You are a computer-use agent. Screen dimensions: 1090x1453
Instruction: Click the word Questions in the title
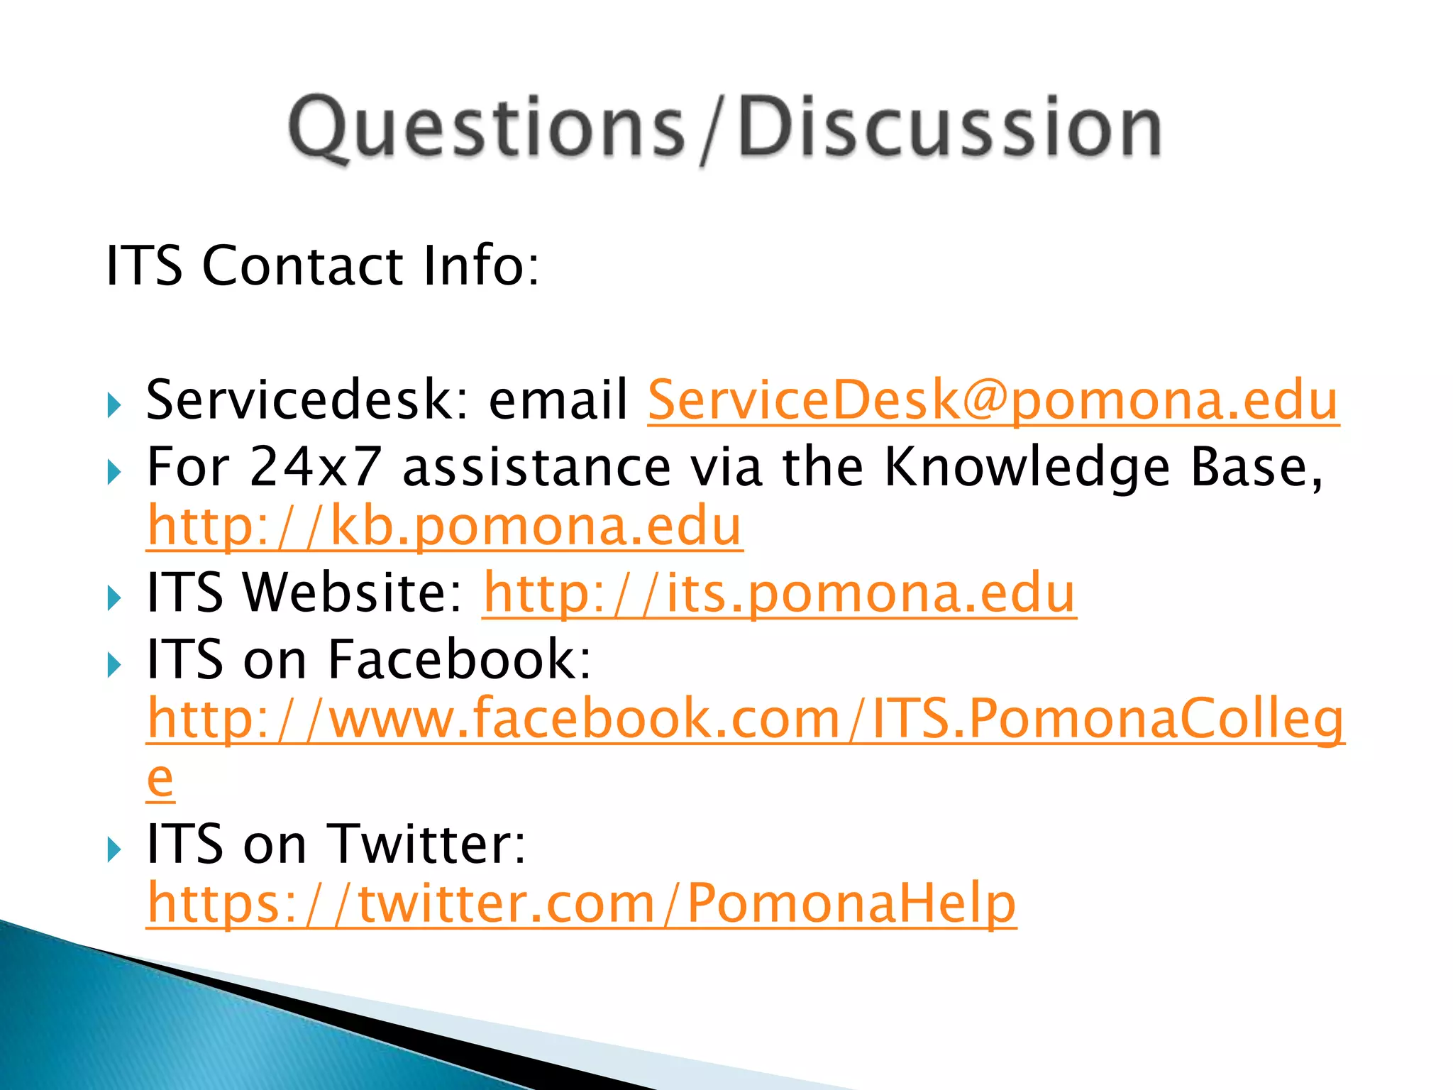(x=486, y=128)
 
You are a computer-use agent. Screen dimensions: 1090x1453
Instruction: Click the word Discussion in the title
(x=949, y=128)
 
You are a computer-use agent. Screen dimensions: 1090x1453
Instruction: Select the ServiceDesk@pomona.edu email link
(x=993, y=400)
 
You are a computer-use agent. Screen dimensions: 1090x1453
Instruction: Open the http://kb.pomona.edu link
(x=444, y=527)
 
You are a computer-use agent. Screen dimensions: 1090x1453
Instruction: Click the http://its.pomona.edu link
(x=779, y=593)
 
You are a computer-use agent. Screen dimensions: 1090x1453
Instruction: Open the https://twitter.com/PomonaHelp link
(x=581, y=903)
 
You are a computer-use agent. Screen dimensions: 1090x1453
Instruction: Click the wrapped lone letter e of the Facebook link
(x=160, y=779)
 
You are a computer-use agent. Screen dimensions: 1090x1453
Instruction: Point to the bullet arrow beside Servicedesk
(x=114, y=406)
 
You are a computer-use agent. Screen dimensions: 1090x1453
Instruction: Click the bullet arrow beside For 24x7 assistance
(x=114, y=472)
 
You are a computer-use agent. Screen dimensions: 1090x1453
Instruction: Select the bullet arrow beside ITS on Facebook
(x=114, y=665)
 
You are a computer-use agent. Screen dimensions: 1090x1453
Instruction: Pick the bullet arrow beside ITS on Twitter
(x=114, y=849)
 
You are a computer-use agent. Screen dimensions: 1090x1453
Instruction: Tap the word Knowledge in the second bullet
(x=1027, y=468)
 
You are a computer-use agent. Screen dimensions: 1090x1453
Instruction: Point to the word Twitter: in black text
(x=428, y=844)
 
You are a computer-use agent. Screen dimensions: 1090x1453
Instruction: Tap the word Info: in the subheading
(x=480, y=265)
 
